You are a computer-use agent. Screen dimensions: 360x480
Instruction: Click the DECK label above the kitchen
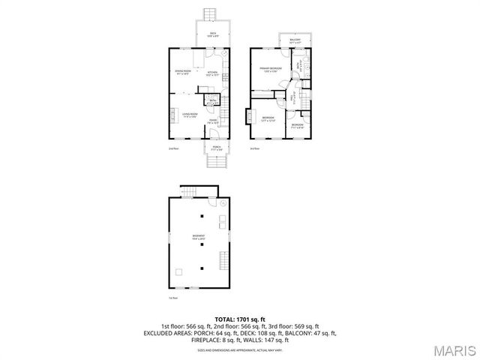[x=213, y=34]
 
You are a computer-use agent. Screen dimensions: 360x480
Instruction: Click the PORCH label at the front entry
[x=216, y=148]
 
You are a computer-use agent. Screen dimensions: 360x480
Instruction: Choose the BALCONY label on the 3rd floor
[x=295, y=40]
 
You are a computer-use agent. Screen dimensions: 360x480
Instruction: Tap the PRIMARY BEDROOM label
[x=269, y=70]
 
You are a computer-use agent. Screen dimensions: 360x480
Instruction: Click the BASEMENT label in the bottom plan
[x=198, y=237]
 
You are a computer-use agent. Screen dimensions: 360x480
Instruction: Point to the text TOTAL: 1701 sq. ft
[x=239, y=319]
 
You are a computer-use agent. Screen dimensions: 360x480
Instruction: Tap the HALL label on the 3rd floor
[x=292, y=97]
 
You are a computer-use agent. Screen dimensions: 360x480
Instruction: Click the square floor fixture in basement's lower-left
[x=179, y=272]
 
